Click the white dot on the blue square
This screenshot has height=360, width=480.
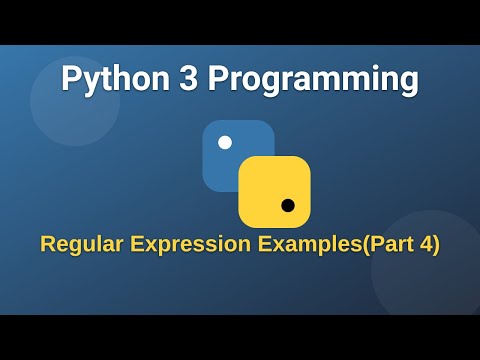pyautogui.click(x=225, y=142)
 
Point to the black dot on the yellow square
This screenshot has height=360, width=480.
pyautogui.click(x=288, y=205)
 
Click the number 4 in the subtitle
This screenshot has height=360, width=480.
pyautogui.click(x=426, y=244)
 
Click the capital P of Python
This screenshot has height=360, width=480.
pyautogui.click(x=70, y=78)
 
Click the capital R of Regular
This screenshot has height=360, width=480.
pyautogui.click(x=46, y=244)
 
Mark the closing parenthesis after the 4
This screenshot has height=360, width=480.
pyautogui.click(x=436, y=244)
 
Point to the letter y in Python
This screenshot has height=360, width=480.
pyautogui.click(x=89, y=81)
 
